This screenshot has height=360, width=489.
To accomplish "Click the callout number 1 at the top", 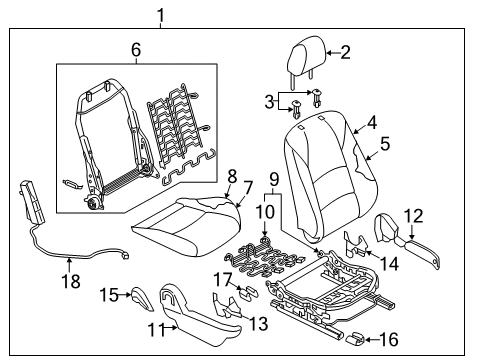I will (x=158, y=14).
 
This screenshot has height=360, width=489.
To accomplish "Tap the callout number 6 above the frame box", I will (x=136, y=49).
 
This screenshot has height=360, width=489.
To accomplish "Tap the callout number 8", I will (x=232, y=175).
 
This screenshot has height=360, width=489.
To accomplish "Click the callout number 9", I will (x=273, y=180).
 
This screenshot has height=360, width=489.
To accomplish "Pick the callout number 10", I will (x=263, y=213).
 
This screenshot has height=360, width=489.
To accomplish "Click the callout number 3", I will (x=268, y=101).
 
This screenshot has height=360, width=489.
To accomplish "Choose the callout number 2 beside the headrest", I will (x=345, y=53).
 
